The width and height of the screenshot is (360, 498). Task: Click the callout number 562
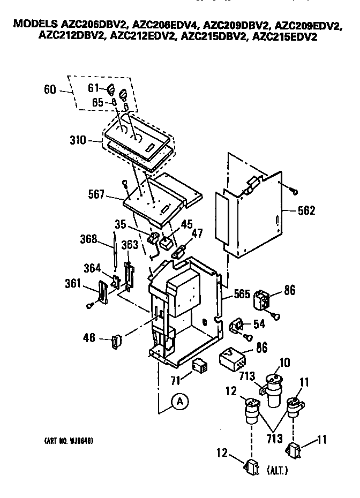[x=306, y=210]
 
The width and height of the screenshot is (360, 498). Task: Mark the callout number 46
[x=89, y=337]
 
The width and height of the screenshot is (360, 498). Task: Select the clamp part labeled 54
[x=237, y=326]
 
